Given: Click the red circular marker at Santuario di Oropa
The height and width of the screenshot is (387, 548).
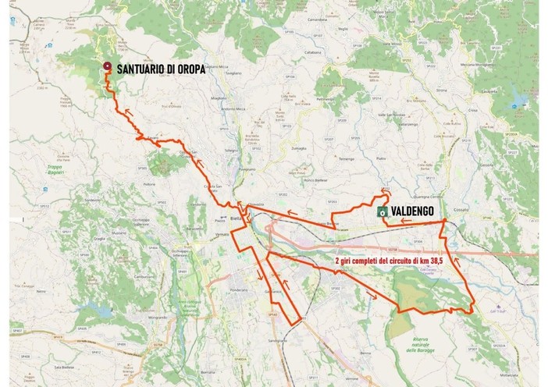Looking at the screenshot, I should click(x=106, y=68).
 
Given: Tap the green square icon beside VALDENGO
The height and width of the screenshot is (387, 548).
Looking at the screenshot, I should click(x=383, y=211).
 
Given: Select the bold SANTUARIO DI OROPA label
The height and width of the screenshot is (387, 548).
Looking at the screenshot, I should click(x=161, y=69).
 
